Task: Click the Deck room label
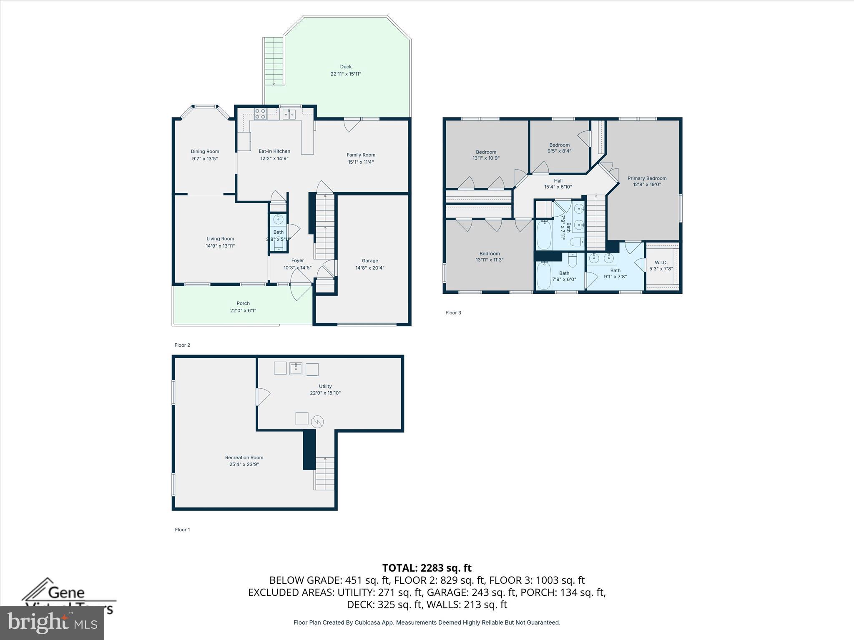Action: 346,67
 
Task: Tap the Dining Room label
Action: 205,152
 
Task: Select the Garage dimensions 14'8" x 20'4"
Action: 370,268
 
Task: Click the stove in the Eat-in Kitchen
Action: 260,114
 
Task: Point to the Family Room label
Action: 361,155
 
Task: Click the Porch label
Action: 243,303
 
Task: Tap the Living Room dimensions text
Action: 220,246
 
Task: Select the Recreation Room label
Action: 244,457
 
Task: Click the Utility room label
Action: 325,386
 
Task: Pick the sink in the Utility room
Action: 296,368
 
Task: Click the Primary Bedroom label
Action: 647,178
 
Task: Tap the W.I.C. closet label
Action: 661,262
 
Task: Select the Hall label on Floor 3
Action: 558,181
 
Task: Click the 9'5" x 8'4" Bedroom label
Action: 559,145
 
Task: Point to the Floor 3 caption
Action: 453,312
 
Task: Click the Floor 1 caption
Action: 182,530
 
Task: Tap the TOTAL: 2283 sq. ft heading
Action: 427,568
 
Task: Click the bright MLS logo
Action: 52,622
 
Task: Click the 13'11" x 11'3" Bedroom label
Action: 490,254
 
